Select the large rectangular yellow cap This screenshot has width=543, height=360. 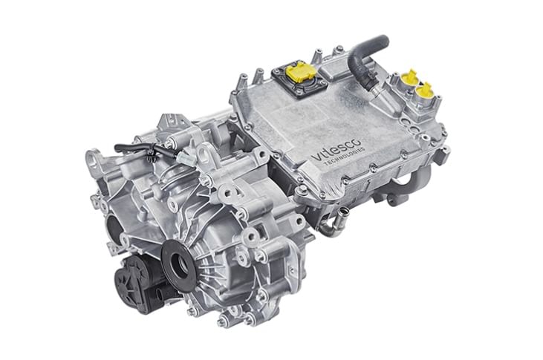point(298,71)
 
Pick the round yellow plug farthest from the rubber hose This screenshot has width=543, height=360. point(424,91)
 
